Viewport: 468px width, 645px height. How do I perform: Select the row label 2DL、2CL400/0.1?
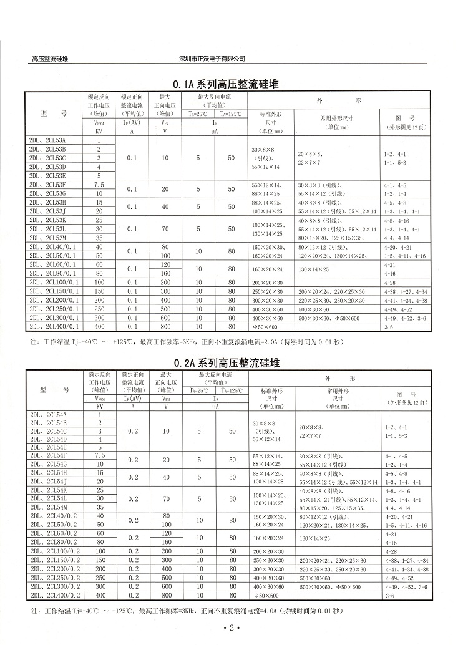pyautogui.click(x=54, y=326)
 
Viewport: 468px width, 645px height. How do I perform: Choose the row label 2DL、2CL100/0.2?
pyautogui.click(x=54, y=552)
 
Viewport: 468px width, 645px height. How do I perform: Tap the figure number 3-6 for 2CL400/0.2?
pyautogui.click(x=389, y=596)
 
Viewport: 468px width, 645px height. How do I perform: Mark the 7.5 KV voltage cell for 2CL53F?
pyautogui.click(x=99, y=185)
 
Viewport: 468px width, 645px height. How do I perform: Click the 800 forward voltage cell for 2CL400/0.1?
pyautogui.click(x=165, y=326)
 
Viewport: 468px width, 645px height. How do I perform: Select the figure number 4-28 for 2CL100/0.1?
pyautogui.click(x=391, y=283)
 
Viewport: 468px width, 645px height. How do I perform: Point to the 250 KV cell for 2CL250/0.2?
pyautogui.click(x=99, y=579)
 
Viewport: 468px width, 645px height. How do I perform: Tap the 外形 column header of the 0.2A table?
pyautogui.click(x=339, y=379)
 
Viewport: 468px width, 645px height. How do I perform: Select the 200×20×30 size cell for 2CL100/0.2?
pyautogui.click(x=266, y=552)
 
